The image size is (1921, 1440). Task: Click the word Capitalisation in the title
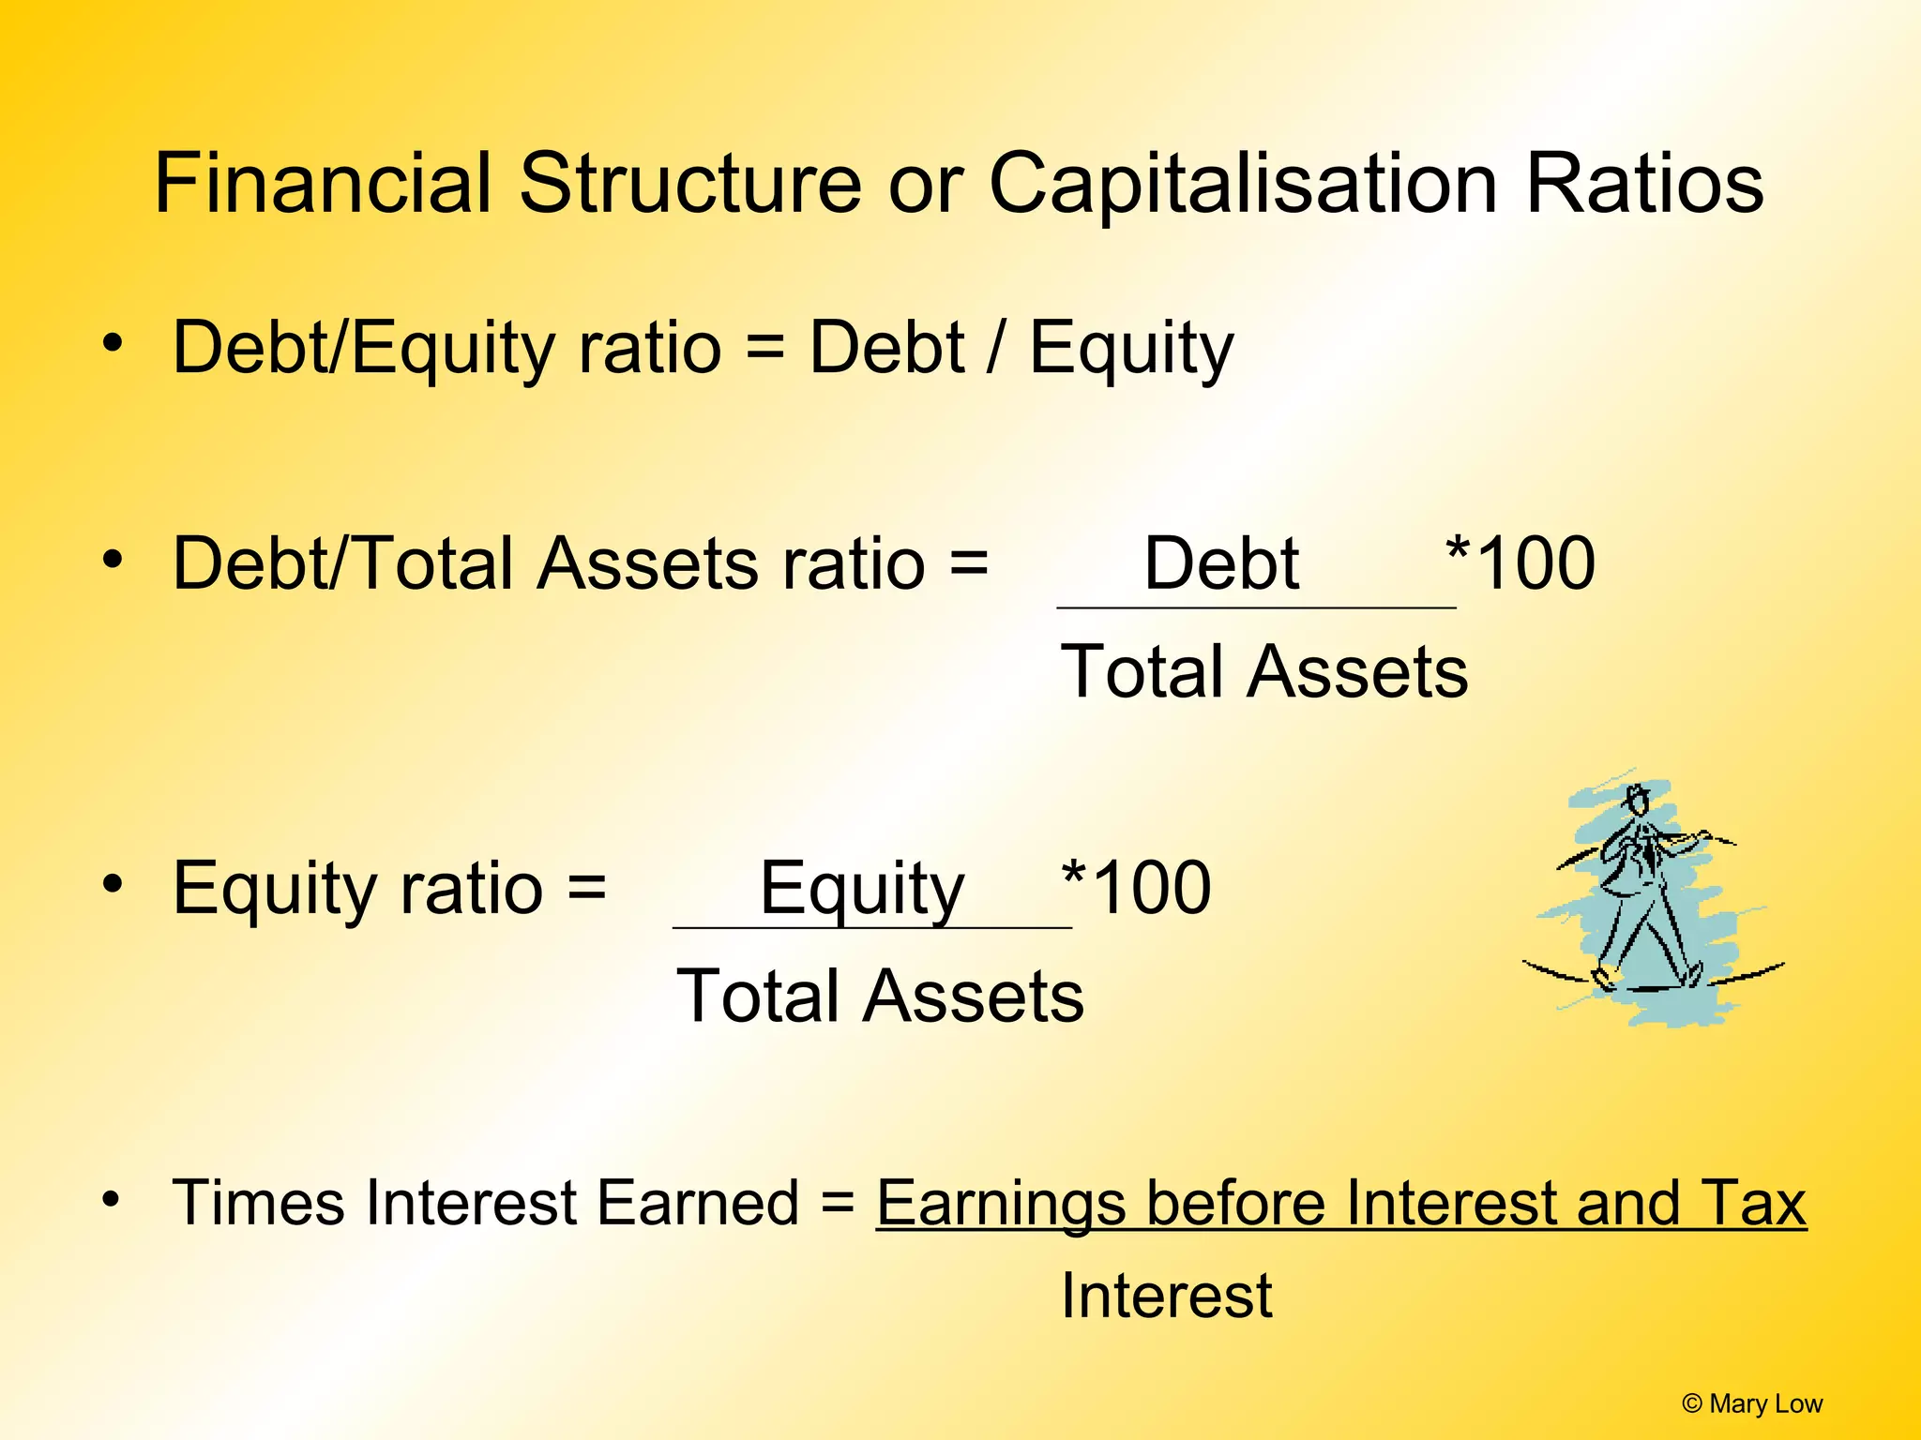(x=1243, y=185)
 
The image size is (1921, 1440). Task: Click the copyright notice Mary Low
(x=1751, y=1403)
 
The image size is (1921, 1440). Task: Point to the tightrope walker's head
(x=1638, y=802)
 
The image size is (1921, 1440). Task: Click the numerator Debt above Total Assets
(x=1221, y=564)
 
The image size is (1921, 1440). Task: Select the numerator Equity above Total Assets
(x=861, y=889)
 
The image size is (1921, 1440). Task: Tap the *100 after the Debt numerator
(x=1520, y=564)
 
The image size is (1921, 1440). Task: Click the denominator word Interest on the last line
(x=1166, y=1297)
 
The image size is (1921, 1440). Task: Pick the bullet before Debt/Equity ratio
(x=113, y=343)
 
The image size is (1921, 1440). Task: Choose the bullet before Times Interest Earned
(x=113, y=1199)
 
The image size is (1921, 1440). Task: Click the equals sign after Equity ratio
(x=587, y=887)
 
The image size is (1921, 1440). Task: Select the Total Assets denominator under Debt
(x=1263, y=672)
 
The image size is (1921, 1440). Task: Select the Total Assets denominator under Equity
(x=880, y=997)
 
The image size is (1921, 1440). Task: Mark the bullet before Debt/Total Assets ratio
(x=113, y=560)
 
